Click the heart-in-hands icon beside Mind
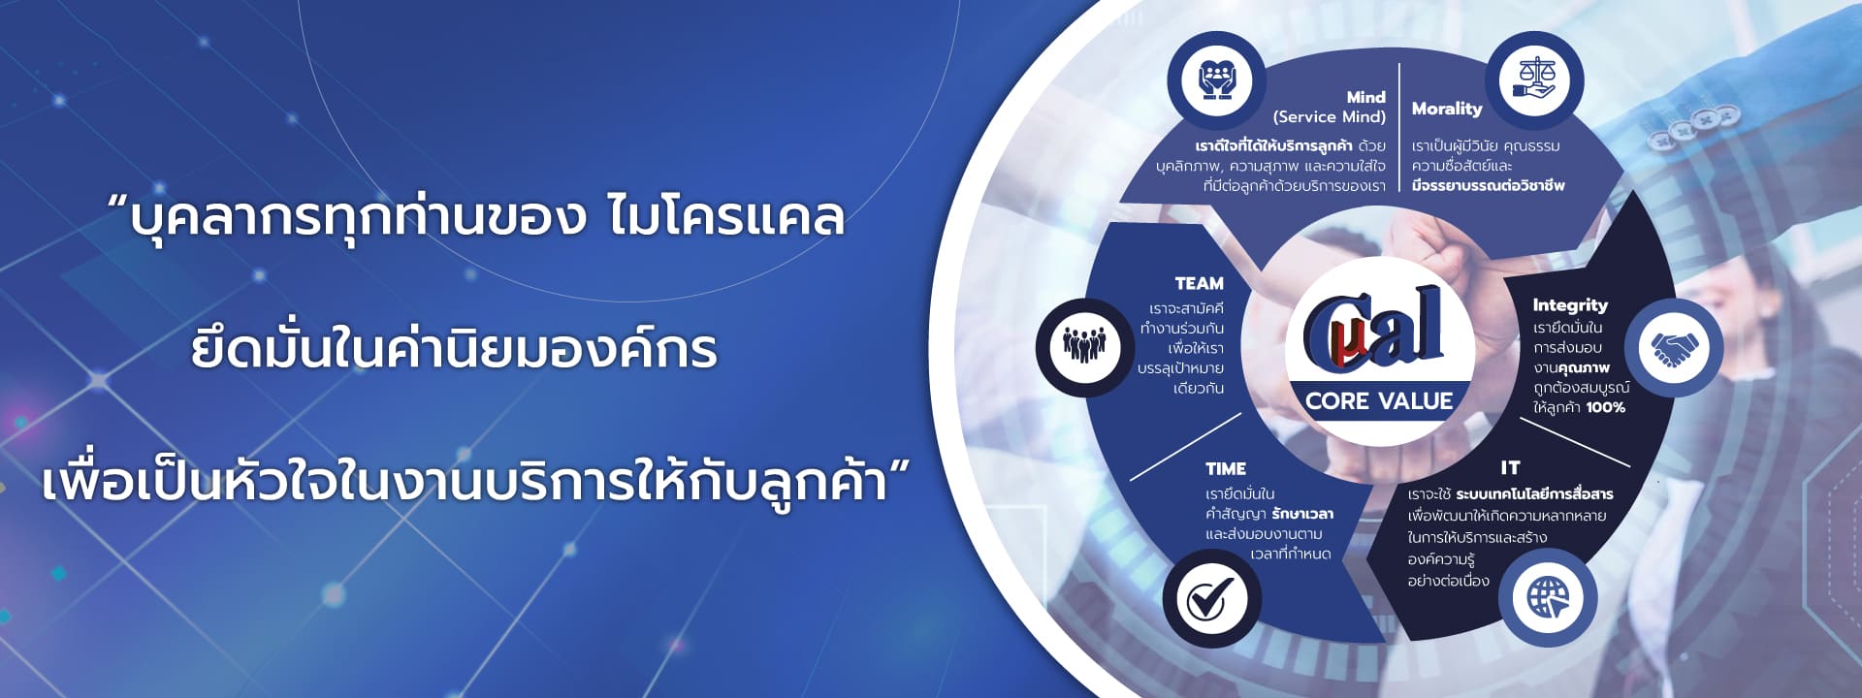tap(1215, 80)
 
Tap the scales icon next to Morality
tap(1534, 80)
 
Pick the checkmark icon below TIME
tap(1210, 598)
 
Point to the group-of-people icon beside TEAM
tap(1083, 346)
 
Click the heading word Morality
tap(1447, 109)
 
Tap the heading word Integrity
tap(1570, 305)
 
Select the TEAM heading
tap(1199, 283)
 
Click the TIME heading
tap(1226, 468)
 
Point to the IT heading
tap(1510, 467)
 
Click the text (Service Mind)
tap(1330, 116)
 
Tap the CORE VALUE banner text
tap(1379, 400)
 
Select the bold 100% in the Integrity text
tap(1606, 407)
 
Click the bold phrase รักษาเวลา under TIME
tap(1302, 514)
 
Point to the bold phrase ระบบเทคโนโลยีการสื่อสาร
tap(1534, 493)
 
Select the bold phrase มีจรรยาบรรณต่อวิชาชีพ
tap(1489, 185)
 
